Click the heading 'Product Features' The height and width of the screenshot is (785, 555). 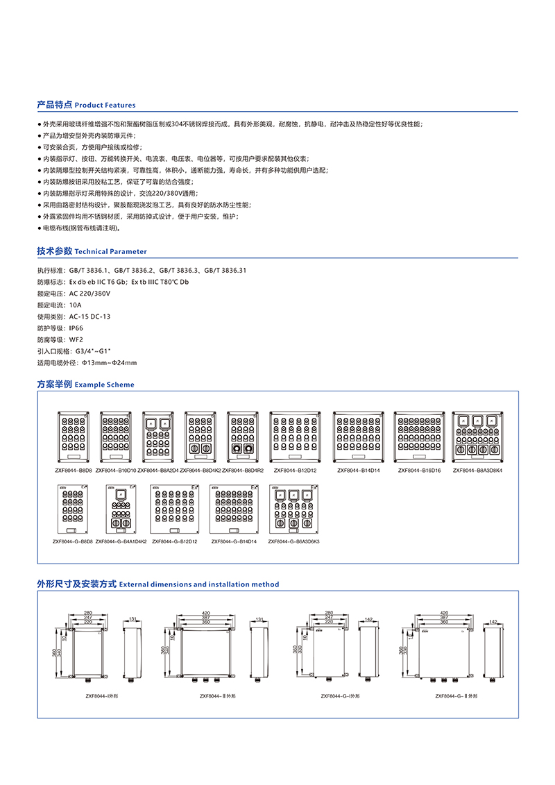point(105,105)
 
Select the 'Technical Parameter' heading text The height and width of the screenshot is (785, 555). point(110,252)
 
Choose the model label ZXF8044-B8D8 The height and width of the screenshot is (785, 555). point(73,471)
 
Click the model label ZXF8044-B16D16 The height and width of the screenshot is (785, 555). point(419,471)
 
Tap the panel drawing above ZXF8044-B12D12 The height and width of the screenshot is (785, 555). point(293,437)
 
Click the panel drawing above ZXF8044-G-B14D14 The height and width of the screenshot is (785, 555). point(234,509)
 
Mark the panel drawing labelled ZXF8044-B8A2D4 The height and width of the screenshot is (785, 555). point(157,437)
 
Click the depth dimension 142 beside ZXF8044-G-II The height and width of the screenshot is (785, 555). point(493,623)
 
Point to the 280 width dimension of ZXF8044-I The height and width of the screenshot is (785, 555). point(87,613)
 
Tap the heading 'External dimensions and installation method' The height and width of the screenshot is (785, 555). point(199,584)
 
